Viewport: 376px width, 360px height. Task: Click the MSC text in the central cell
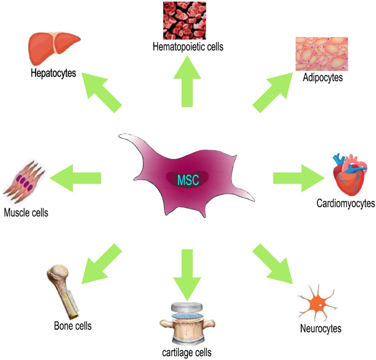pyautogui.click(x=188, y=180)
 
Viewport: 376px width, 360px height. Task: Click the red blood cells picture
pyautogui.click(x=184, y=21)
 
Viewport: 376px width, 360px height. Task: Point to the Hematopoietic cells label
pyautogui.click(x=188, y=47)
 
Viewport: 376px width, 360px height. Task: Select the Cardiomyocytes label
pyautogui.click(x=346, y=204)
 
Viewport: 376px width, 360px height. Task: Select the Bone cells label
pyautogui.click(x=73, y=326)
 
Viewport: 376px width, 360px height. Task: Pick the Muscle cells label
pyautogui.click(x=26, y=212)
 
